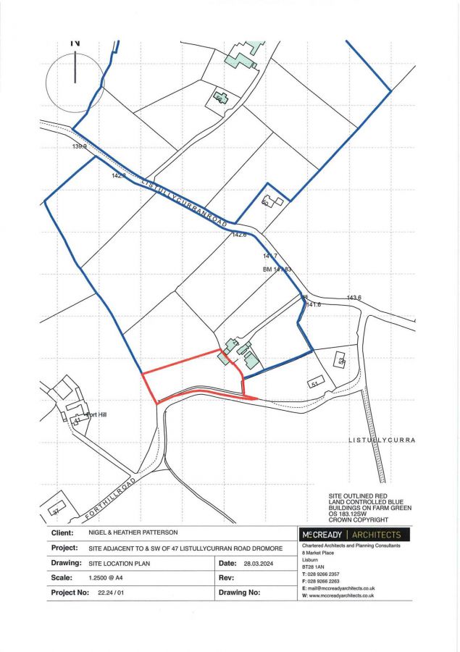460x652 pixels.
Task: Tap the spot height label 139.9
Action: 79,146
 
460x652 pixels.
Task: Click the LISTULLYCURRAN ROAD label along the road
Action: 185,201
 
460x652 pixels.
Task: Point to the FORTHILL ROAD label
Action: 109,498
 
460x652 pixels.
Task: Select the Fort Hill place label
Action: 96,415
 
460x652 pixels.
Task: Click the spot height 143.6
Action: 354,298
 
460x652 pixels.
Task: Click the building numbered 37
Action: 55,510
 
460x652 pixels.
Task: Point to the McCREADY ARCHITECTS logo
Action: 350,535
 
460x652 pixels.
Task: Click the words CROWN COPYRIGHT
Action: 359,519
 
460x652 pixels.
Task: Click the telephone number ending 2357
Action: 326,573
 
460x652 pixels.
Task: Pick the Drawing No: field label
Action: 239,592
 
